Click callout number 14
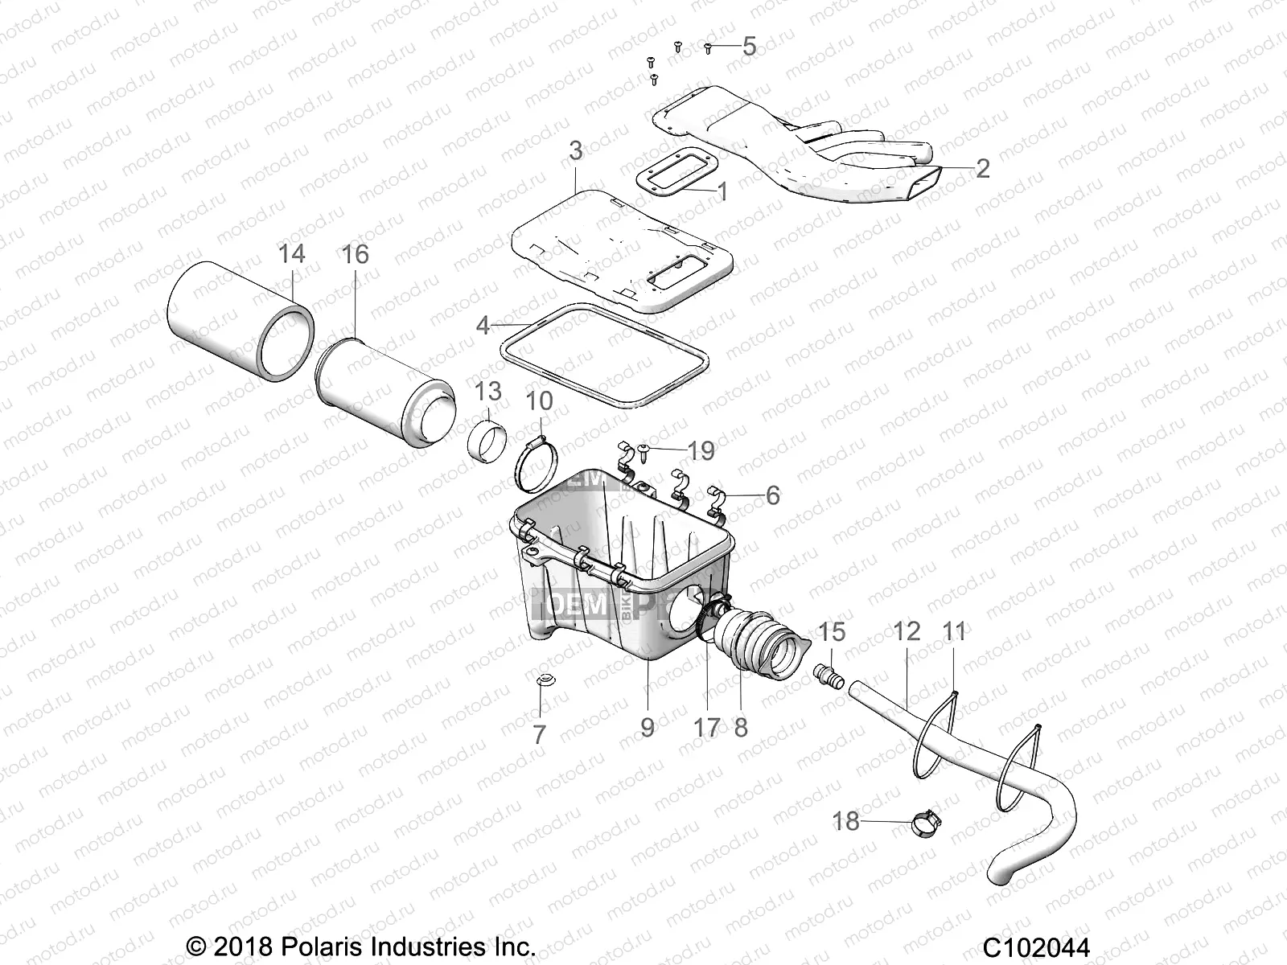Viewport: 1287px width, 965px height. (291, 254)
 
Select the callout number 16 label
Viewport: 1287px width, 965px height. (355, 254)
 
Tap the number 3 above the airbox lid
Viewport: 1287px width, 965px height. (575, 151)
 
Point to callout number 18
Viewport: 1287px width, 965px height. (846, 821)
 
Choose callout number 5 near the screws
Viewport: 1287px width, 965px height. (748, 46)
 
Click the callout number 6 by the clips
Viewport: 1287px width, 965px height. (771, 495)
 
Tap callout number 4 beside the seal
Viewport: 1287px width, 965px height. (483, 326)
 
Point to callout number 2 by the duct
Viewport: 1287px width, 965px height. (982, 168)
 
